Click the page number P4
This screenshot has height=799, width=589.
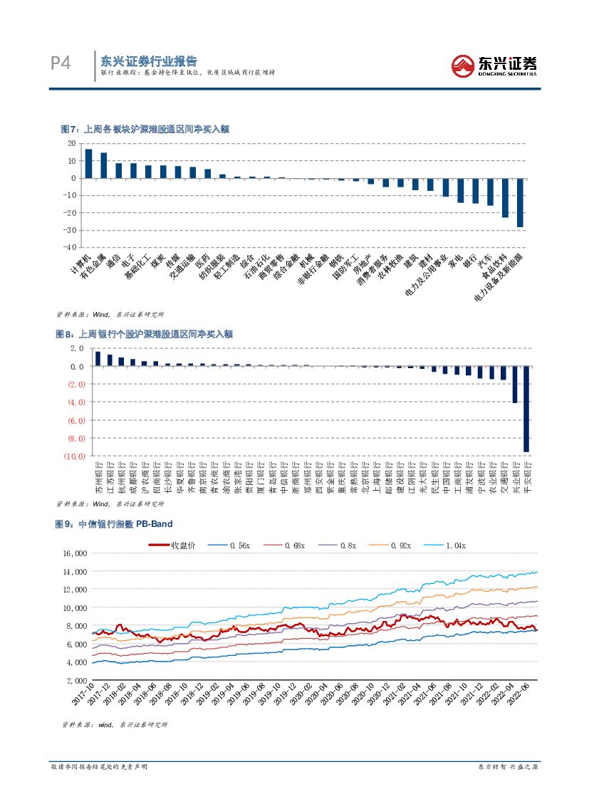pyautogui.click(x=61, y=64)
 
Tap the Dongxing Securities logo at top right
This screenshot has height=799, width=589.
pyautogui.click(x=494, y=66)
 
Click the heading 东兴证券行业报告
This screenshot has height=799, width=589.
pyautogui.click(x=148, y=61)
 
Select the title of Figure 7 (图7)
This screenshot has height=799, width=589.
pyautogui.click(x=145, y=129)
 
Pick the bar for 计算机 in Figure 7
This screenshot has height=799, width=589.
pyautogui.click(x=88, y=163)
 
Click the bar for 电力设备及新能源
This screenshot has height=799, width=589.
pyautogui.click(x=520, y=202)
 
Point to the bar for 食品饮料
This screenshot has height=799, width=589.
pyautogui.click(x=505, y=197)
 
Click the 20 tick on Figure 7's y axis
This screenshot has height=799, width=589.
pyautogui.click(x=71, y=143)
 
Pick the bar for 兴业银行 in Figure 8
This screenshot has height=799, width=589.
pyautogui.click(x=515, y=385)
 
